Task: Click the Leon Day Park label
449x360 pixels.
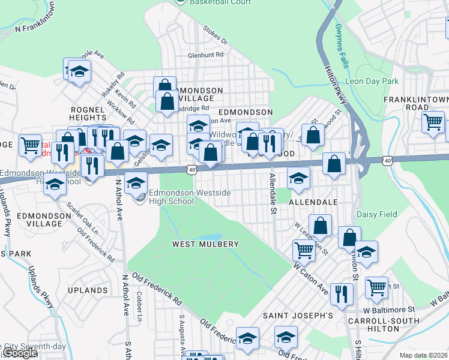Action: point(372,81)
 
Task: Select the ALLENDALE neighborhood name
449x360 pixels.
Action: point(313,203)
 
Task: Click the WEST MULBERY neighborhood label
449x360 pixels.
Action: point(205,244)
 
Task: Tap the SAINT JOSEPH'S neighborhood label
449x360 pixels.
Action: point(298,315)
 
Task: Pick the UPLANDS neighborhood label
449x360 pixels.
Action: point(88,290)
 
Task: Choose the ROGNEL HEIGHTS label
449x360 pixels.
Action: point(88,114)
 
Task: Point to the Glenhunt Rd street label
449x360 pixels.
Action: point(205,55)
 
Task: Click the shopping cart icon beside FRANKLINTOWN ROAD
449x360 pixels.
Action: point(433,122)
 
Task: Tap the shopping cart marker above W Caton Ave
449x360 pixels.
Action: point(304,250)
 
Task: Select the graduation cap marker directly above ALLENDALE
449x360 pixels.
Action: point(298,177)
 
